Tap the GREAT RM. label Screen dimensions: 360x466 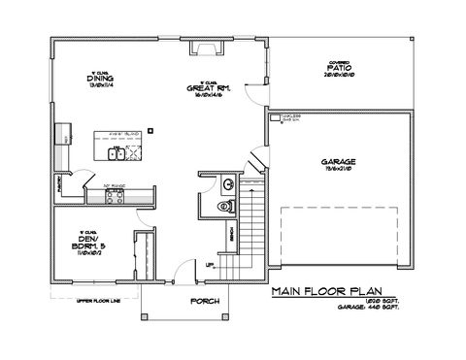(208, 88)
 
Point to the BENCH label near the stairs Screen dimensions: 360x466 (231, 234)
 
